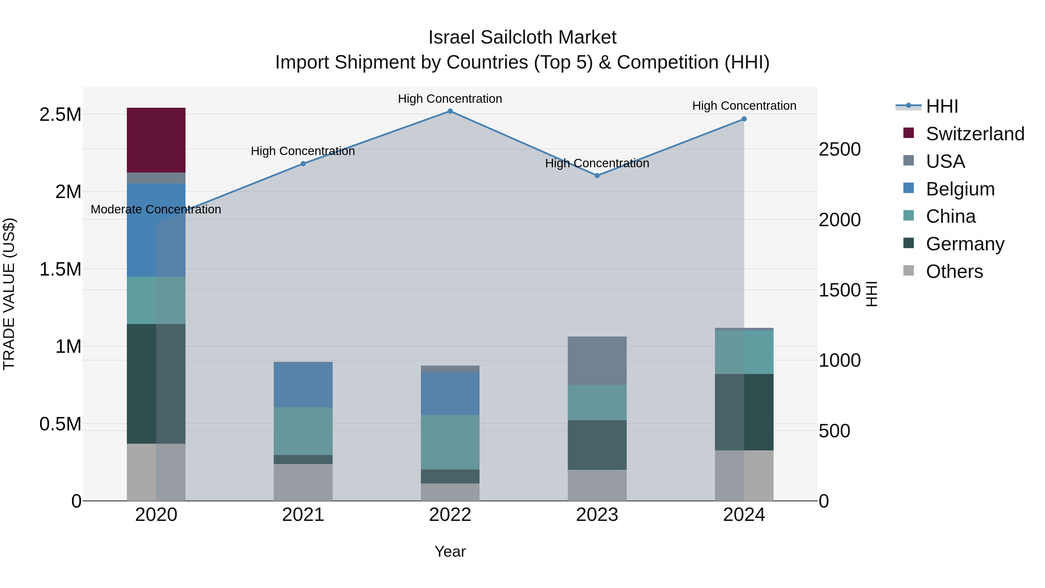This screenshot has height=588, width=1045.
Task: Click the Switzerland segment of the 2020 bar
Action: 156,140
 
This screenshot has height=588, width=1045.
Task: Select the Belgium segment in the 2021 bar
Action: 303,384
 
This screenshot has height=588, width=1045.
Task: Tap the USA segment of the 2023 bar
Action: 597,360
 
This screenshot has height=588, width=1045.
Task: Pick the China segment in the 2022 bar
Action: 450,442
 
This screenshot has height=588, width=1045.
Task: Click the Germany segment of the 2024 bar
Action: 744,411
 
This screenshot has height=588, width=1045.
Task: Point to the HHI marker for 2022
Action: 450,111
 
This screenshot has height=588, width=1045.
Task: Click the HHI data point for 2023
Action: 597,176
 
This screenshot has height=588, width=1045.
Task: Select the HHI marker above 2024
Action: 744,119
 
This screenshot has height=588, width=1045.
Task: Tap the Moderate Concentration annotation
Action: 156,209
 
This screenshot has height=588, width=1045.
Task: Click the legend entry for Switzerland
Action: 975,134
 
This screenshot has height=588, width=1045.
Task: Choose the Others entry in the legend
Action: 954,271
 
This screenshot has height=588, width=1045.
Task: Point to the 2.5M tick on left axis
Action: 60,115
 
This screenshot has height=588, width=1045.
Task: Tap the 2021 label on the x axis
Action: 303,515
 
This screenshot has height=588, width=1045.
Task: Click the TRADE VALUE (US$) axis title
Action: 9,294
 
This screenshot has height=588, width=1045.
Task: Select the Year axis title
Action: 450,551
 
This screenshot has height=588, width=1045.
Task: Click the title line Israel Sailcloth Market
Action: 522,37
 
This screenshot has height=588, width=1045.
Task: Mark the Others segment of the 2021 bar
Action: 303,482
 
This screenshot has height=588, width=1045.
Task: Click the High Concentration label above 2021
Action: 303,151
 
